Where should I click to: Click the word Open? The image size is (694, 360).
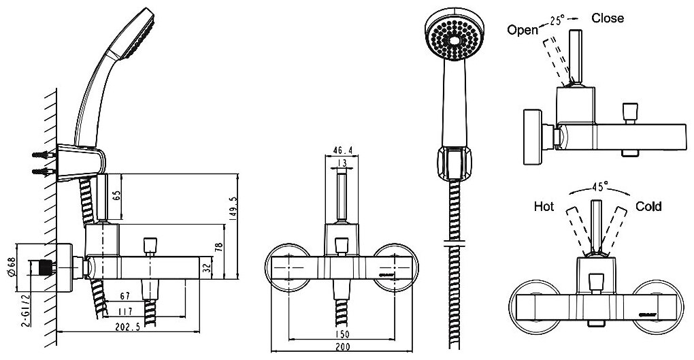click(523, 29)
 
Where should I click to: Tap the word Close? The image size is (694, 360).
click(607, 18)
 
